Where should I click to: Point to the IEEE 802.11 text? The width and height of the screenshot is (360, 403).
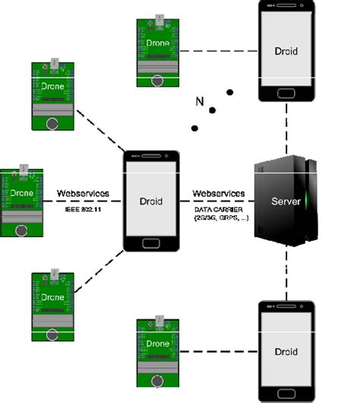[84, 208]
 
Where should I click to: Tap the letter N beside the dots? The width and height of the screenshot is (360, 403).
[200, 102]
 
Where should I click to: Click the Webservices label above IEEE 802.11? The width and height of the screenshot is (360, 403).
[84, 194]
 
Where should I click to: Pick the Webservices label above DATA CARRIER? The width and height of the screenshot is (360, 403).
[218, 194]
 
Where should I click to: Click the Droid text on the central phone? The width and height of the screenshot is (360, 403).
[152, 202]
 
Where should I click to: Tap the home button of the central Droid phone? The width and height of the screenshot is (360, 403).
[152, 244]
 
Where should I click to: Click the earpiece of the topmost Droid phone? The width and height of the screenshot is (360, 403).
[286, 6]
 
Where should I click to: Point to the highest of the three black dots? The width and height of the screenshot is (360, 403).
[229, 93]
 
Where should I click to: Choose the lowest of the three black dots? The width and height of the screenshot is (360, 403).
[194, 128]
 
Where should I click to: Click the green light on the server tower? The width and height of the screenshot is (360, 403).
[307, 202]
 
